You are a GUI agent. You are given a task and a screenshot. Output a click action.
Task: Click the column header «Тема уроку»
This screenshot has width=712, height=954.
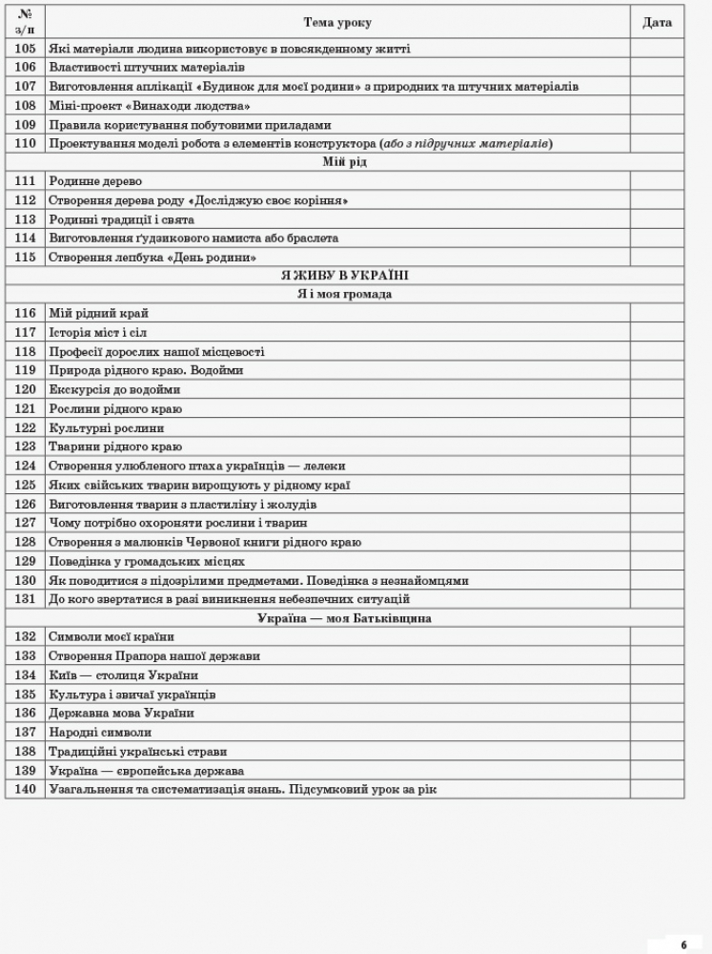pos(337,22)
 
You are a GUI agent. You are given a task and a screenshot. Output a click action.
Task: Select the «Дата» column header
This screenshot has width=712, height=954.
pos(657,22)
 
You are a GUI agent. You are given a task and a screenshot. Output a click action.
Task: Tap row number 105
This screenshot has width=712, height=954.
pos(26,49)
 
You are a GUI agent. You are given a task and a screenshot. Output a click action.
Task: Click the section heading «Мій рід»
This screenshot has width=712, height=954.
pos(344,162)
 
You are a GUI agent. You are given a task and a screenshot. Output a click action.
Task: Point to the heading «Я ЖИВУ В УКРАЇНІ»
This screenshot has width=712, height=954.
pos(344,276)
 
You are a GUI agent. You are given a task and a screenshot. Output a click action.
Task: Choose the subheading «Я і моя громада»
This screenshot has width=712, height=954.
pos(344,295)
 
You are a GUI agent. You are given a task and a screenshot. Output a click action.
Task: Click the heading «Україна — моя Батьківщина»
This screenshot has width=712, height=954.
pos(344,618)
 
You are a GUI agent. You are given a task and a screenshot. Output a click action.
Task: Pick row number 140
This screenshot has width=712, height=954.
pos(26,790)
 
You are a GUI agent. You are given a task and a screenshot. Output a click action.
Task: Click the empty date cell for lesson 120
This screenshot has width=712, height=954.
pos(657,390)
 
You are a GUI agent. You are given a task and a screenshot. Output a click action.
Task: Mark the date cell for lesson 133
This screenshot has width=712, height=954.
pos(657,656)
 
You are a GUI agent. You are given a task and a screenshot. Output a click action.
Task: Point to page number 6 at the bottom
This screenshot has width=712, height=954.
pos(683,944)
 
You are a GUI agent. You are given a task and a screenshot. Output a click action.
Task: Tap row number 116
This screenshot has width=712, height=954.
pos(26,314)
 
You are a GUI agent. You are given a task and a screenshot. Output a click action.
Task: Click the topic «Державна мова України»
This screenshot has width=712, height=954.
pos(121,714)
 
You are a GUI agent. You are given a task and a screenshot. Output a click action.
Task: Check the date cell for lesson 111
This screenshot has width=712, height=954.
pos(657,181)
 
